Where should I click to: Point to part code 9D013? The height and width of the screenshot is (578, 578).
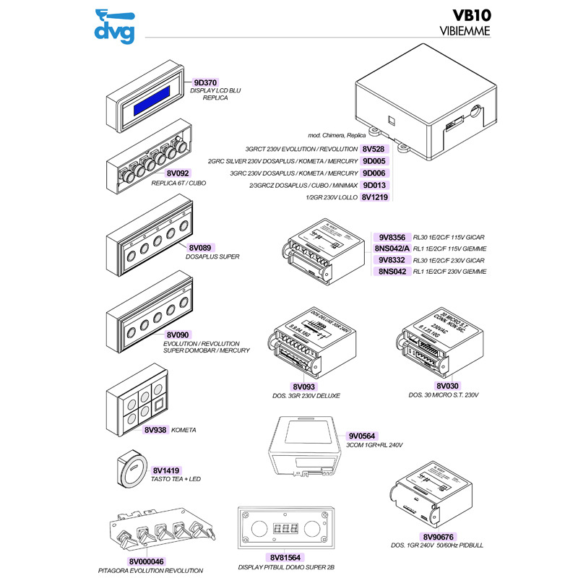374,185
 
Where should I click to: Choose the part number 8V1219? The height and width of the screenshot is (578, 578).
375,197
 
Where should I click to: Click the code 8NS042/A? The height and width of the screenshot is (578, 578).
391,248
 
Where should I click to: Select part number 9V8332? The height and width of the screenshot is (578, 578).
391,259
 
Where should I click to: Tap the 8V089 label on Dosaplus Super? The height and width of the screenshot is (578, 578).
177,247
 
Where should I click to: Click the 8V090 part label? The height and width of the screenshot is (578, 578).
177,335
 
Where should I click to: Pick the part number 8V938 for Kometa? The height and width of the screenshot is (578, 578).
155,429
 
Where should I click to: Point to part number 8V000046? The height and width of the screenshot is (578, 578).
147,561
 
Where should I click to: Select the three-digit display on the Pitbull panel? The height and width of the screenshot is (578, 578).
285,528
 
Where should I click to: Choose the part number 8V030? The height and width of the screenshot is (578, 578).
448,387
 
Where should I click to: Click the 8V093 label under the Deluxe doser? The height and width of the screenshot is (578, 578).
303,387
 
